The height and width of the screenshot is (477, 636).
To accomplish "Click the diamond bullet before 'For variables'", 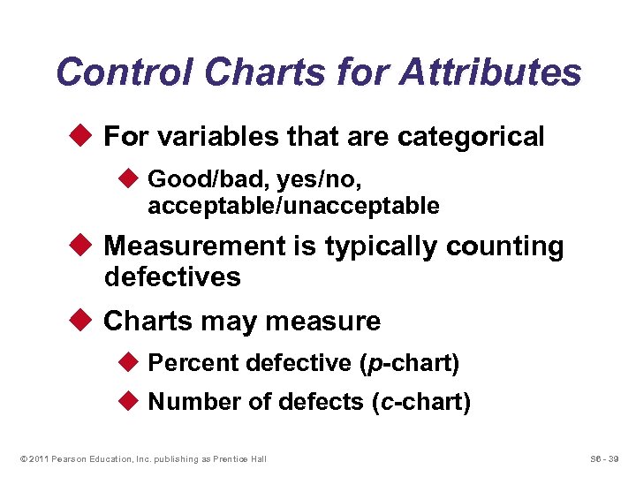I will [80, 137].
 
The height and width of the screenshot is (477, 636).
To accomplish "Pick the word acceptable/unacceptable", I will [293, 206].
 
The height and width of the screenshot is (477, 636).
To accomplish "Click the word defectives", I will [172, 277].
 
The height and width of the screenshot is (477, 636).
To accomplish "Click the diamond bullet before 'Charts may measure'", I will [80, 321].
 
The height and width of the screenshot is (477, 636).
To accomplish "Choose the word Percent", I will [193, 363].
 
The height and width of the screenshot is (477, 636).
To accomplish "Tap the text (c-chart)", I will [420, 403].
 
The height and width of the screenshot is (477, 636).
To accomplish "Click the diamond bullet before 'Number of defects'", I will [125, 403].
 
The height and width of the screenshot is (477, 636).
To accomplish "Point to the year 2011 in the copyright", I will [36, 458].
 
